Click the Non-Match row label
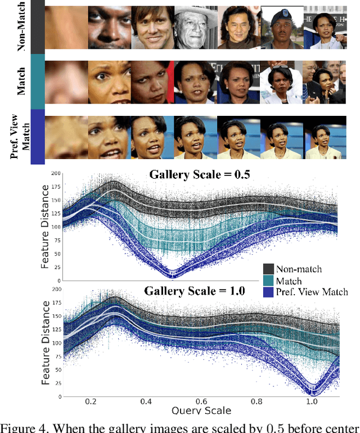tap(24, 27)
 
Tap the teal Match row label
tap(24, 80)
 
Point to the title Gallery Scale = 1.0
tap(196, 291)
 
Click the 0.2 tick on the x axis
tap(91, 403)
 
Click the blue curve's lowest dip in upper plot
tap(174, 275)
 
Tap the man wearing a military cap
tap(281, 27)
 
